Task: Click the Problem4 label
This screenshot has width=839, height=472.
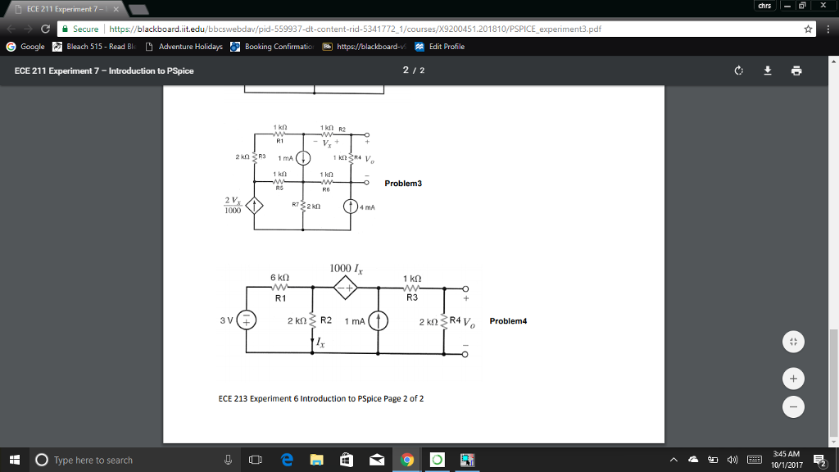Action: tap(508, 321)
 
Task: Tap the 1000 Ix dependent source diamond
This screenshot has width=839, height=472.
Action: tap(346, 288)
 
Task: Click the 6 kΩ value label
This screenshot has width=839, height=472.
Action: tap(279, 279)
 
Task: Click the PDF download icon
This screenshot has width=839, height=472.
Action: tap(769, 70)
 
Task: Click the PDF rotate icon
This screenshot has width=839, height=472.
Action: tap(739, 70)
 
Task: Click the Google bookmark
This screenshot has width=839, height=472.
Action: tap(26, 47)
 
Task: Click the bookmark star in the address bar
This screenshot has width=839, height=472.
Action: tap(809, 29)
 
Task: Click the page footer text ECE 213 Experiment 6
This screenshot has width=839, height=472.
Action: tap(321, 399)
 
